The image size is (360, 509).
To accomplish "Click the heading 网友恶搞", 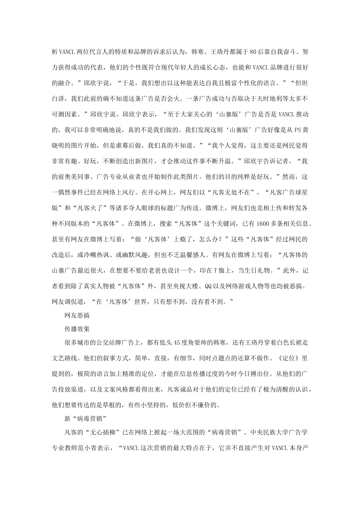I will point(77,315).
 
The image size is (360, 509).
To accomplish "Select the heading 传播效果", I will point(77,329).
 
